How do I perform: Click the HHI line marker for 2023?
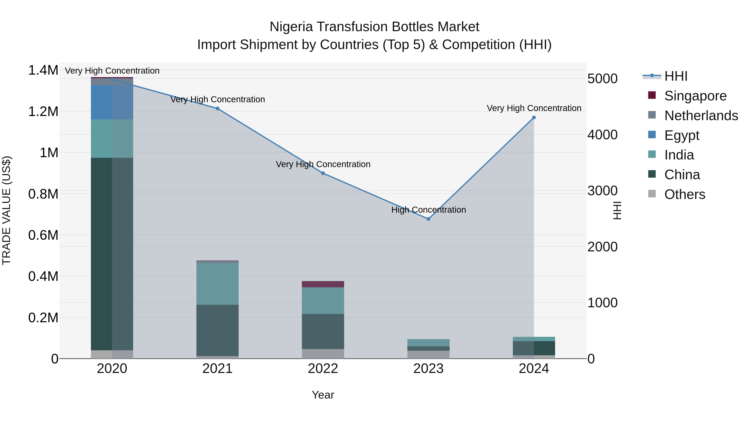(x=428, y=219)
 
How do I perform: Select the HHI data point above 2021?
(x=217, y=108)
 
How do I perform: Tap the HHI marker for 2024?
(x=534, y=117)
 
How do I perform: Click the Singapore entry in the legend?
(x=695, y=96)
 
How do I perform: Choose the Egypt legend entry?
(x=682, y=135)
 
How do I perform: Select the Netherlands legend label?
(x=701, y=116)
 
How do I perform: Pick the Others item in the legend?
(x=685, y=194)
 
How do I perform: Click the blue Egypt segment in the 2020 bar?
(x=112, y=102)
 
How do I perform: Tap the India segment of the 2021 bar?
(x=217, y=284)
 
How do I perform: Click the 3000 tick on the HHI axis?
(x=603, y=191)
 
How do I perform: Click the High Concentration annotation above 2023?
(x=429, y=210)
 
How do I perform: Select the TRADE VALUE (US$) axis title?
(x=6, y=210)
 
